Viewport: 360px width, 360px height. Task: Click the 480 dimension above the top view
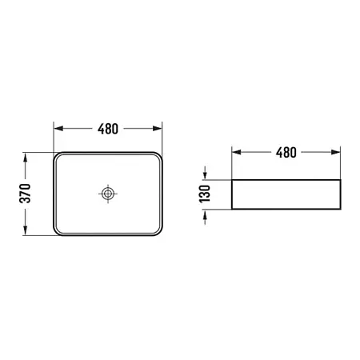[x=108, y=129]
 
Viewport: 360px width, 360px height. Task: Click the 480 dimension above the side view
[x=286, y=153]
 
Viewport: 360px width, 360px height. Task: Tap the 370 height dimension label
[x=26, y=194]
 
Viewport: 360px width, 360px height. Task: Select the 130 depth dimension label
[x=205, y=194]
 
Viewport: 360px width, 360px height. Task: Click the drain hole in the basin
[x=108, y=194]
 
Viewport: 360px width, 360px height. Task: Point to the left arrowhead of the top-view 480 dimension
[x=58, y=129]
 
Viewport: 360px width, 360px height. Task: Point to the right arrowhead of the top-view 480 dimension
[x=158, y=129]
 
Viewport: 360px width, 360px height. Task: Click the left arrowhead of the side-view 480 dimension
[x=237, y=152]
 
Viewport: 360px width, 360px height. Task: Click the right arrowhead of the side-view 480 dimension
[x=335, y=152]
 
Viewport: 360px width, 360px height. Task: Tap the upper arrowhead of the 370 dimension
[x=26, y=158]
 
